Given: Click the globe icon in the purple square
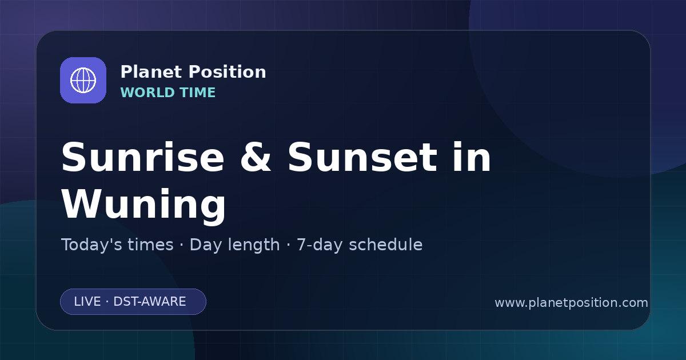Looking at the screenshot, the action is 83,80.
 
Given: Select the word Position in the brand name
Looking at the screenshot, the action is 228,72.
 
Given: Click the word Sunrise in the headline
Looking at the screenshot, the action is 143,158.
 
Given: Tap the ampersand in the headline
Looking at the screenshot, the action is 256,158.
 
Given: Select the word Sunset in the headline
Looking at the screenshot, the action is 362,158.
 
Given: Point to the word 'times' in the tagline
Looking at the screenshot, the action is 150,245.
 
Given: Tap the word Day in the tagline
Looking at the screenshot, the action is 205,245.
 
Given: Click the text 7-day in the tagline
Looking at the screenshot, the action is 320,245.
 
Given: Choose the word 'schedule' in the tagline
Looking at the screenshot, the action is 386,245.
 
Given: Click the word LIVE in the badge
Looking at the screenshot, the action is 87,302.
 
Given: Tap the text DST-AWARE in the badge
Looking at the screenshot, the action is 149,302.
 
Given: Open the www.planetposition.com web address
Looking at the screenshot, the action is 572,303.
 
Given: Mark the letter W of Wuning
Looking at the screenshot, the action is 81,203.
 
